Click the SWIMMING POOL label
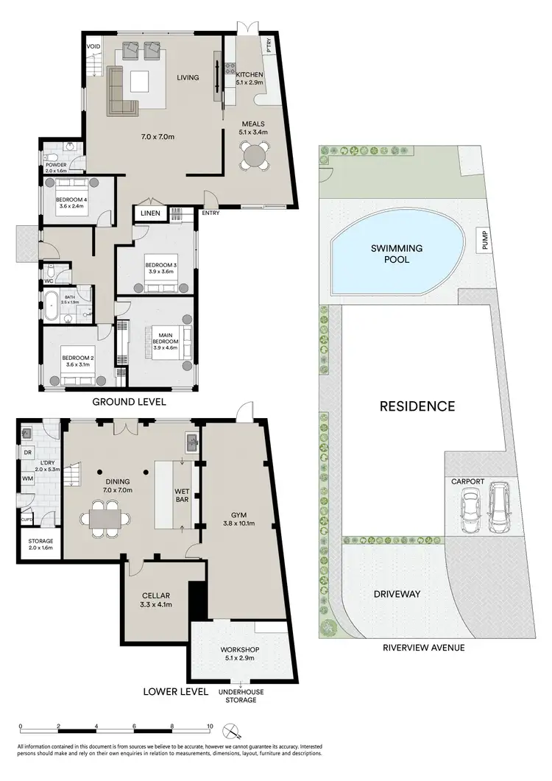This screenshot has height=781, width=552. click(x=391, y=254)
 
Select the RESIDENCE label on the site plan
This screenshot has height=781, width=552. click(x=417, y=406)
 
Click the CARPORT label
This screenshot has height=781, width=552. click(x=468, y=481)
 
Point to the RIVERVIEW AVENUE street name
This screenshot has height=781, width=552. click(x=423, y=648)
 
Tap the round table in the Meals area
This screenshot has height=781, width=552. click(x=255, y=156)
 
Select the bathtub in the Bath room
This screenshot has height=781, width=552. click(x=52, y=305)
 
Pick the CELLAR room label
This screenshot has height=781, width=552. click(x=155, y=599)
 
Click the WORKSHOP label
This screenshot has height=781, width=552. click(x=242, y=651)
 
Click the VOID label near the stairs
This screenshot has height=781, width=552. click(x=93, y=46)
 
